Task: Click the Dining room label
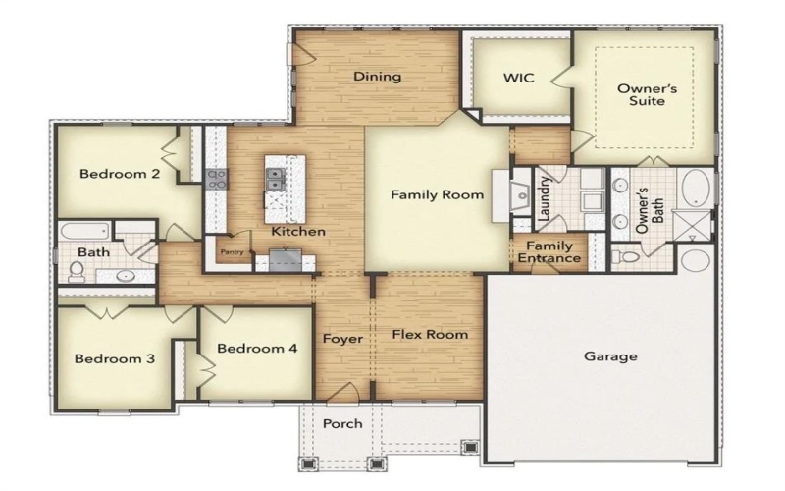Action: pyautogui.click(x=378, y=77)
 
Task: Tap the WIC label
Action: pyautogui.click(x=518, y=78)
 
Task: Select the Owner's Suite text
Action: pyautogui.click(x=641, y=94)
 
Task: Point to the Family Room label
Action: pyautogui.click(x=438, y=194)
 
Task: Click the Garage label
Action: pyautogui.click(x=610, y=356)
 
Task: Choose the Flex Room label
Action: pyautogui.click(x=430, y=334)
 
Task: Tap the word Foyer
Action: pyautogui.click(x=343, y=339)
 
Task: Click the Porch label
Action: pyautogui.click(x=342, y=423)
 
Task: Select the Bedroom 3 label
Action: pyautogui.click(x=115, y=358)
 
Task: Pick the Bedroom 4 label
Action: pyautogui.click(x=257, y=348)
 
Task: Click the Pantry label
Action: pyautogui.click(x=232, y=252)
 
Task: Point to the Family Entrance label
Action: pyautogui.click(x=550, y=252)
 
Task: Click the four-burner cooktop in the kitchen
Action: pyautogui.click(x=217, y=178)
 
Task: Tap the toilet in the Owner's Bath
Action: pyautogui.click(x=624, y=257)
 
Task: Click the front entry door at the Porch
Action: pyautogui.click(x=340, y=394)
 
